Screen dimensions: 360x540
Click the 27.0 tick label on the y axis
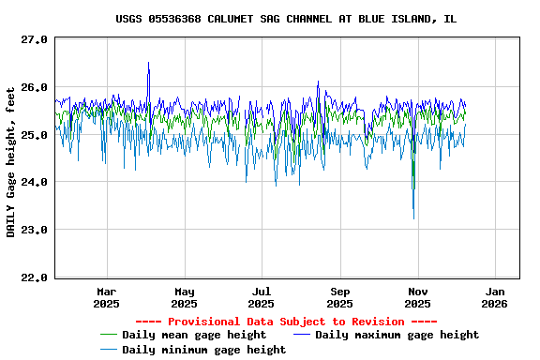coord(35,39)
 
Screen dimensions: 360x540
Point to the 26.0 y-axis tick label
coord(35,87)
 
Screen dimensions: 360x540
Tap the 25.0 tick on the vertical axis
coord(35,135)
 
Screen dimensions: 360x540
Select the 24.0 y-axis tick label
coord(35,182)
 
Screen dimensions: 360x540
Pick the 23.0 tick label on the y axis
coord(35,230)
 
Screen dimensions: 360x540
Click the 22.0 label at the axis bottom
coord(35,277)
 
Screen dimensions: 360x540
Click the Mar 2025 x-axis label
coord(107,297)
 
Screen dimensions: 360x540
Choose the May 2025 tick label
coord(185,297)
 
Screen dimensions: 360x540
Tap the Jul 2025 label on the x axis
coord(262,297)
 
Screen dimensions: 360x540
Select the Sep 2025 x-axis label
coord(340,297)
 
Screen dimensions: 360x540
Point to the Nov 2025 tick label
coord(417,297)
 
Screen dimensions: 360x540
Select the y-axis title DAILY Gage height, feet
coord(11,161)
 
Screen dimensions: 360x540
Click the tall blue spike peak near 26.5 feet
coord(148,63)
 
